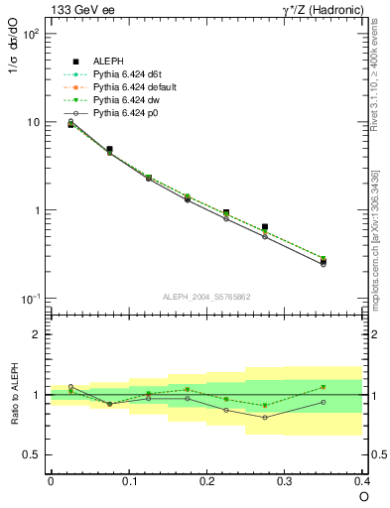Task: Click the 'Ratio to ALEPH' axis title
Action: pyautogui.click(x=15, y=394)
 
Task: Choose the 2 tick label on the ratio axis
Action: pyautogui.click(x=38, y=334)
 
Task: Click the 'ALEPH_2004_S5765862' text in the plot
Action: pyautogui.click(x=205, y=296)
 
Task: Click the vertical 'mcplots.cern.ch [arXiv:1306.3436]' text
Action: pyautogui.click(x=375, y=237)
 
